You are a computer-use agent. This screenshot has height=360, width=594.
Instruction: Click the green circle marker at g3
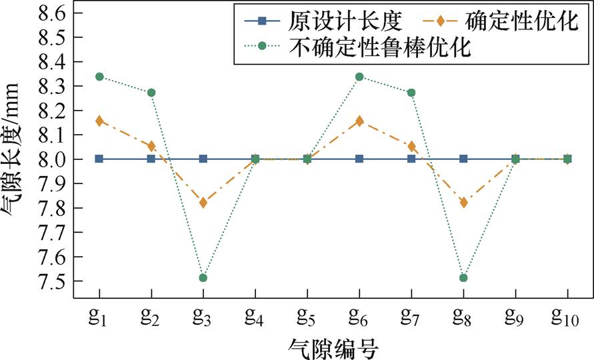coord(203,277)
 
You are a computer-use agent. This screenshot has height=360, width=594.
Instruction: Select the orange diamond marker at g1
coord(99,121)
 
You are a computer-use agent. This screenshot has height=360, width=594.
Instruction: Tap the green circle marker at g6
coord(359,77)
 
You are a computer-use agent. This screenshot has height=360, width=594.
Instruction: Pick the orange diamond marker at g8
coord(463,202)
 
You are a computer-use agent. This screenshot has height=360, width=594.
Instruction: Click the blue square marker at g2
coord(151,159)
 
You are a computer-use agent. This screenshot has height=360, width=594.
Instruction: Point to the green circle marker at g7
coord(411,92)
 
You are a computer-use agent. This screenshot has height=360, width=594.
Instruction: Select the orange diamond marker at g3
coord(203,202)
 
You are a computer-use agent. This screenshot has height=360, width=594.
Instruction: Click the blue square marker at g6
coord(359,159)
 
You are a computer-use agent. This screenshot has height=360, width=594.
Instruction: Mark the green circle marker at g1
coord(99,77)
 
